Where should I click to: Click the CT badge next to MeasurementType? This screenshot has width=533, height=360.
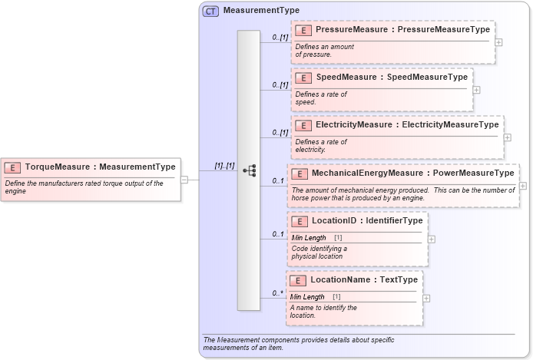[x=210, y=12]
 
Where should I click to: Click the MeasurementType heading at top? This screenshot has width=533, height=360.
[x=261, y=12]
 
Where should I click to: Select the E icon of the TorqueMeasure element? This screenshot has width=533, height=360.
[x=12, y=167]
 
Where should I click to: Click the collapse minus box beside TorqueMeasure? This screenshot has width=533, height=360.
[x=184, y=180]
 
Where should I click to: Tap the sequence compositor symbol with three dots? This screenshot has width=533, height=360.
[x=249, y=170]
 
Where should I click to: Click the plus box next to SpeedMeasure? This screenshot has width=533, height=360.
[x=476, y=89]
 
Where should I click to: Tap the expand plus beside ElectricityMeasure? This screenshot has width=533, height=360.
[x=507, y=137]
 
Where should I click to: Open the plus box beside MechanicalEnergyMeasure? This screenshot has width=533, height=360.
[x=523, y=185]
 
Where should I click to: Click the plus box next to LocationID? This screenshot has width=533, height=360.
[x=431, y=239]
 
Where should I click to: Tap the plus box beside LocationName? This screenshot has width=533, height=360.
[x=426, y=298]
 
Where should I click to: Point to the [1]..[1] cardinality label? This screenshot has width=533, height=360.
[x=225, y=166]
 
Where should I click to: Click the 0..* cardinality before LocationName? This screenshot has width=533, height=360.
[x=278, y=293]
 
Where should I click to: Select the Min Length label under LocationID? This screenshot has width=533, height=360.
[x=309, y=238]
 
